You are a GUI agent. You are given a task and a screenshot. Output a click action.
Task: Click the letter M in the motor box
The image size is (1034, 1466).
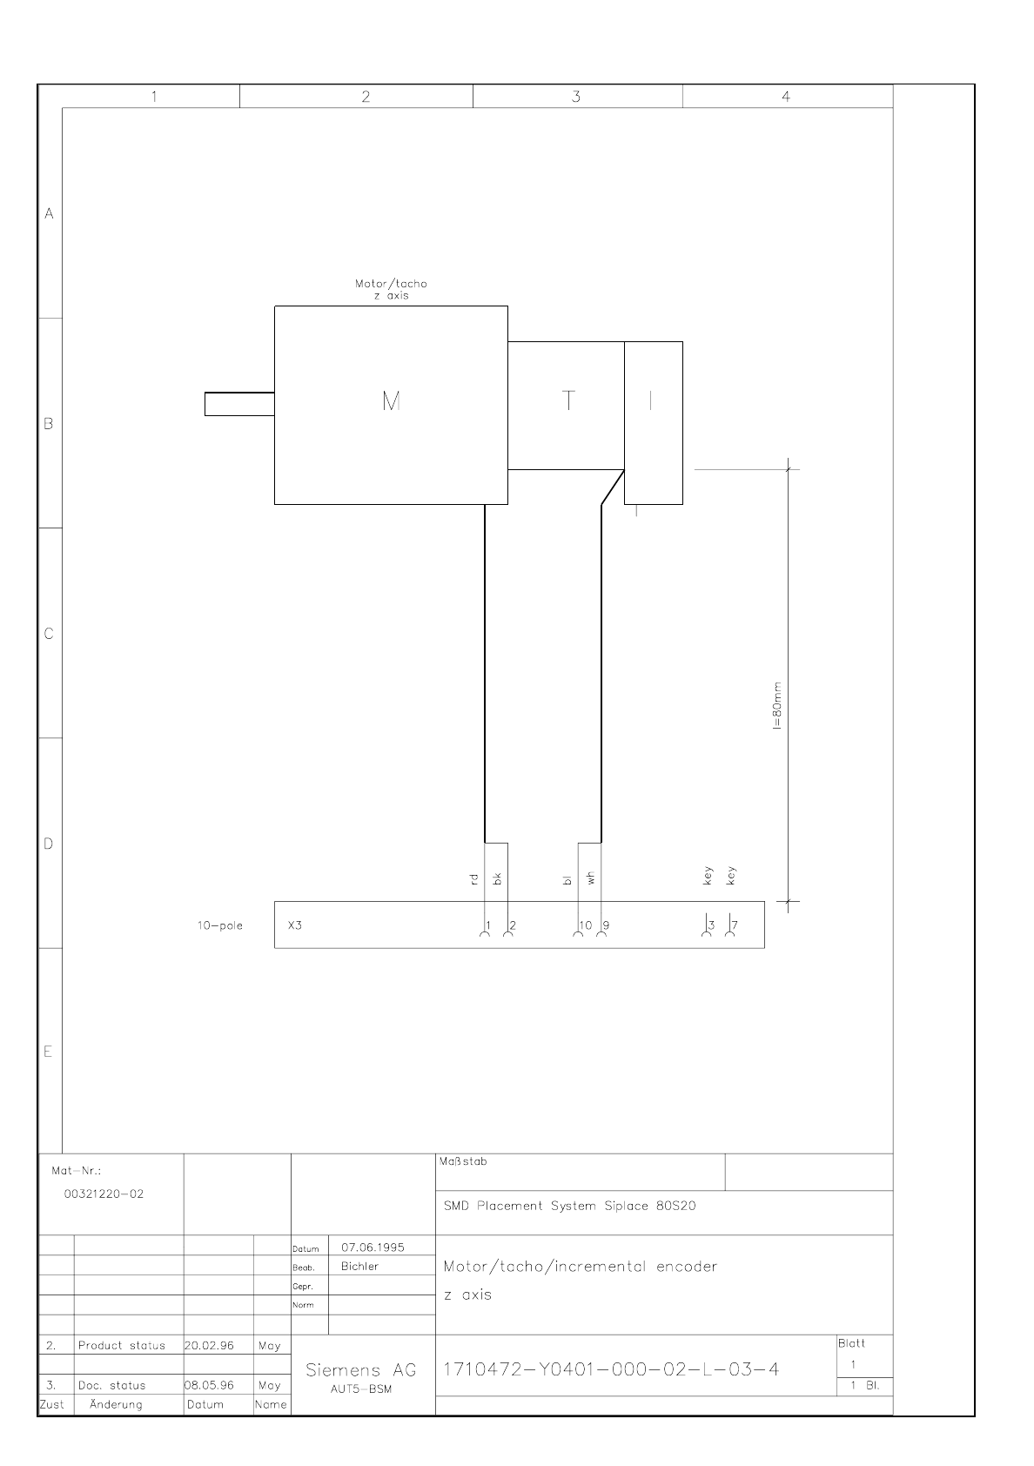(392, 400)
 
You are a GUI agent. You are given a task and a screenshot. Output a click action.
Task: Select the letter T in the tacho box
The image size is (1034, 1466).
(568, 400)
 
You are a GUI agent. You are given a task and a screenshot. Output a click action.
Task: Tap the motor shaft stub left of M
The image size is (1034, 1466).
(239, 404)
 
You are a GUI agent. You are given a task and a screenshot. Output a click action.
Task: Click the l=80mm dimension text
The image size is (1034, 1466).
(777, 705)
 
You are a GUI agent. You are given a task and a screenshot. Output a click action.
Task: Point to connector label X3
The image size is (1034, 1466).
(295, 925)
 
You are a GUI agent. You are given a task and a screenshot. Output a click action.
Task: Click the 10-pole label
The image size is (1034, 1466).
(220, 925)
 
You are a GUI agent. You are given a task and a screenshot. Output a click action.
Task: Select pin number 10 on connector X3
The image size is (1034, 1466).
(586, 925)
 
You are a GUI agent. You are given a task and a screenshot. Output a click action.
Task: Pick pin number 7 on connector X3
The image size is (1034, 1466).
(735, 925)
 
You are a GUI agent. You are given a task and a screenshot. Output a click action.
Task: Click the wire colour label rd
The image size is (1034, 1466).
(474, 879)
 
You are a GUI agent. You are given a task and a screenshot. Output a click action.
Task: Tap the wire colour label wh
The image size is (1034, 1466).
(590, 878)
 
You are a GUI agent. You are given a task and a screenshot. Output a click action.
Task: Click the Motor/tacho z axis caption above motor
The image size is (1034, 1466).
(392, 289)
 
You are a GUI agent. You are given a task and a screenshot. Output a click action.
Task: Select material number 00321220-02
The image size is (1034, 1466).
(104, 1194)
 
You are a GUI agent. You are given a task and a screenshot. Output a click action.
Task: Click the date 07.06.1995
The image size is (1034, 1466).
(373, 1247)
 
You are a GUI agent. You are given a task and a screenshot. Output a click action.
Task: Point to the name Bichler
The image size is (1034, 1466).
(360, 1267)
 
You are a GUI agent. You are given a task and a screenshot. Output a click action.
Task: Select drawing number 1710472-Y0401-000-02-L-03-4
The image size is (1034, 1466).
(611, 1369)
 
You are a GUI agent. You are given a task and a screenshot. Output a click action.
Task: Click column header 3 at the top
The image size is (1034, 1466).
(576, 97)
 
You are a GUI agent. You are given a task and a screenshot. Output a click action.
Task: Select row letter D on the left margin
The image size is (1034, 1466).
(49, 844)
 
